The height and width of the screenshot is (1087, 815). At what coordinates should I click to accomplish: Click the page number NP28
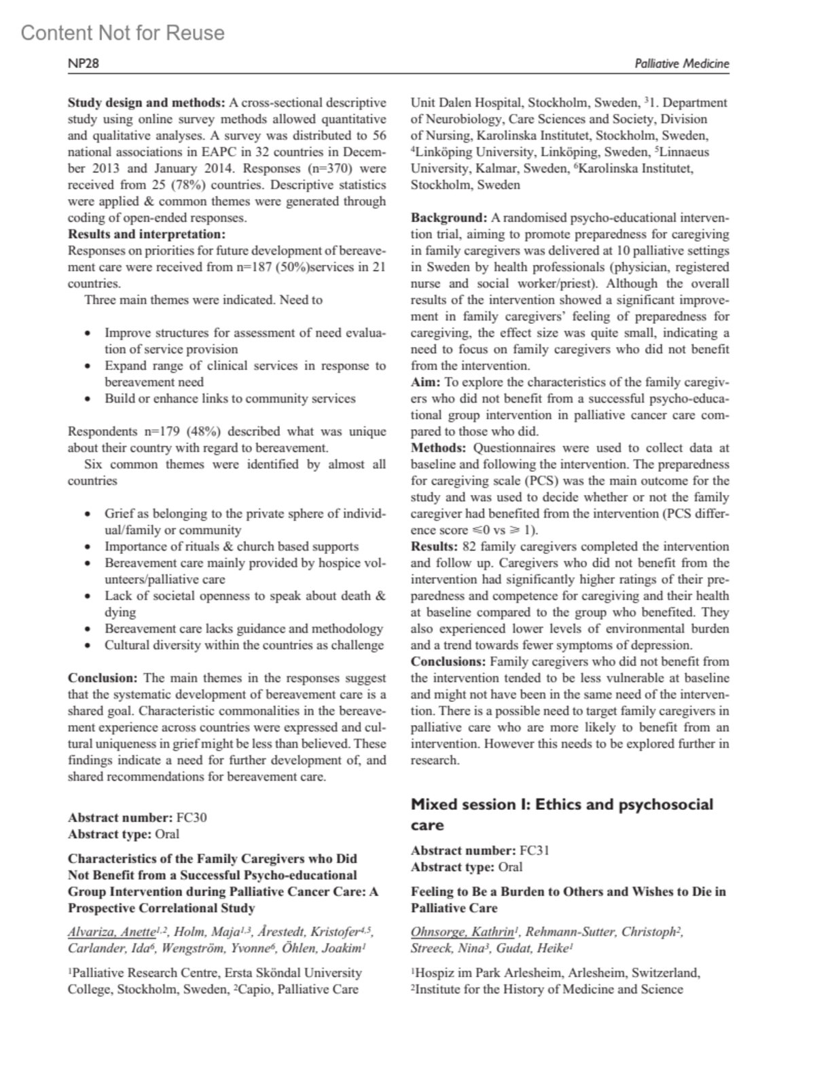pyautogui.click(x=84, y=64)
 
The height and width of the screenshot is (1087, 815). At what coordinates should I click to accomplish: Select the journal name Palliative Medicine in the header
pyautogui.click(x=681, y=64)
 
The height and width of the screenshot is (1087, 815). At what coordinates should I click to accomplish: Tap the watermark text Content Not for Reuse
pyautogui.click(x=122, y=33)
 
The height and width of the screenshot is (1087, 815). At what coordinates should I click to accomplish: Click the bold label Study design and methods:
pyautogui.click(x=146, y=103)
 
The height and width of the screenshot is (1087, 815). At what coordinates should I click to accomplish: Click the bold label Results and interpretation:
pyautogui.click(x=146, y=234)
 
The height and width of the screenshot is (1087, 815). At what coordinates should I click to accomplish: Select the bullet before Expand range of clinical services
pyautogui.click(x=88, y=366)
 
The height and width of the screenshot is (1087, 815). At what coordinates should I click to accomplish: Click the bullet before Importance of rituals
pyautogui.click(x=88, y=547)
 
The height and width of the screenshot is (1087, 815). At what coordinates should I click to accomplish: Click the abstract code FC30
pyautogui.click(x=191, y=817)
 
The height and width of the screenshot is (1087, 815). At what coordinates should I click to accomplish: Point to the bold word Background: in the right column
pyautogui.click(x=449, y=218)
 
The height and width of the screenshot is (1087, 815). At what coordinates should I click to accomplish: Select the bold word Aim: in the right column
pyautogui.click(x=425, y=382)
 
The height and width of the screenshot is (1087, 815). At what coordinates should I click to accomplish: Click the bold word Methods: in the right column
pyautogui.click(x=438, y=448)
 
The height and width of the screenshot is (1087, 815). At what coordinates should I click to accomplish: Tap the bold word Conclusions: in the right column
pyautogui.click(x=448, y=661)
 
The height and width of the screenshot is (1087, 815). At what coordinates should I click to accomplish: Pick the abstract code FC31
pyautogui.click(x=534, y=850)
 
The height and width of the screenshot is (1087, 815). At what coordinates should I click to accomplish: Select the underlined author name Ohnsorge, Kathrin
pyautogui.click(x=462, y=932)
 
